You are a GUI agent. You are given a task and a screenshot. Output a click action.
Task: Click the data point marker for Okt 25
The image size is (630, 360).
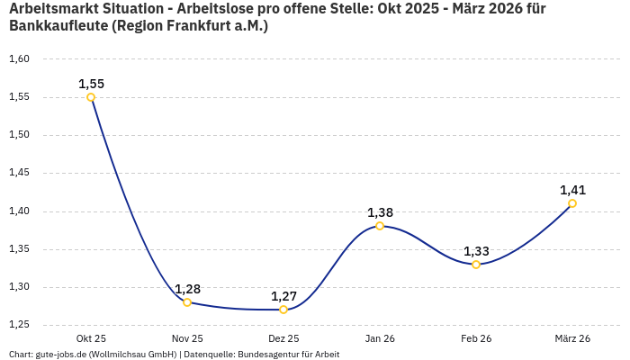[x=91, y=97]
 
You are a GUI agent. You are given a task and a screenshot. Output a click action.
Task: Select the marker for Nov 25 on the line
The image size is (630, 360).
[x=187, y=302]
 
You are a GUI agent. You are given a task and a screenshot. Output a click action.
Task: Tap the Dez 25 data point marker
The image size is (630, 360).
[x=283, y=310]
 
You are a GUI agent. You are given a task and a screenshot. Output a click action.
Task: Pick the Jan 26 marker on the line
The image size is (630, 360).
[x=380, y=226]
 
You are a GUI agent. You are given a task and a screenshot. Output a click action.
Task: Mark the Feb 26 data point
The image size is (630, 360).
[x=476, y=265]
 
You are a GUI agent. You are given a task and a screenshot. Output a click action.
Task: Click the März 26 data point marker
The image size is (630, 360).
[x=572, y=203]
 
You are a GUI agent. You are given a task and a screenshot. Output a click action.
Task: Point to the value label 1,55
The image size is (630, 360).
[x=91, y=84]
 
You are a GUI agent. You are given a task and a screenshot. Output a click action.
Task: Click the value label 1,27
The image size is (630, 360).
[x=283, y=296]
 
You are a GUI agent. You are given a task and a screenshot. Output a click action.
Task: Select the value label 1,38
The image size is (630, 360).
[x=380, y=212]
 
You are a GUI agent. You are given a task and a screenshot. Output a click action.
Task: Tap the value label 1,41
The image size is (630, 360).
[x=572, y=190]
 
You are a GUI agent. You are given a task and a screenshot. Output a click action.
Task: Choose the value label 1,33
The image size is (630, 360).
[x=476, y=251]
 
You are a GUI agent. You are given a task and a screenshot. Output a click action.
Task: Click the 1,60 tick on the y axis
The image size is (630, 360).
[x=19, y=59]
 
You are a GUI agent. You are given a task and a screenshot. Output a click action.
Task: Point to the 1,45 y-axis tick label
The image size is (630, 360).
[x=19, y=173]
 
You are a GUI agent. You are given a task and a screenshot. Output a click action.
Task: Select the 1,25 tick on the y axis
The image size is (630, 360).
[x=19, y=325]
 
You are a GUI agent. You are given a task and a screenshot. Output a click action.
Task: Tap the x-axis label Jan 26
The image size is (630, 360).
[x=380, y=338]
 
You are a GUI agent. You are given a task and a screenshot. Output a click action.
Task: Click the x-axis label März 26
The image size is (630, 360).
[x=572, y=338]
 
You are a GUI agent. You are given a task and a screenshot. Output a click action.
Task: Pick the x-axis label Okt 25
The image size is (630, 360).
[x=91, y=338]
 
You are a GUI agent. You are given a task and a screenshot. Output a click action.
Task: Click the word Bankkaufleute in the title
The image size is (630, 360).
[x=57, y=26]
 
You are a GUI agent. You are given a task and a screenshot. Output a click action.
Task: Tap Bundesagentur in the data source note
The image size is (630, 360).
[x=269, y=355]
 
